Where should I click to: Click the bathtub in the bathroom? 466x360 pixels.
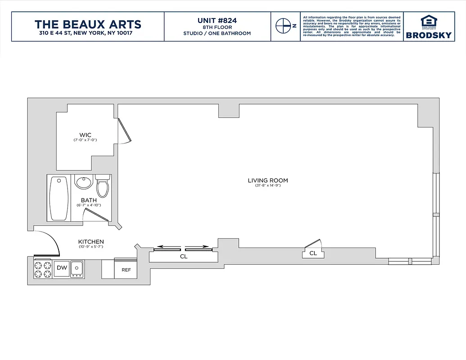point(59,198)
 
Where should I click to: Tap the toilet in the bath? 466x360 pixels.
point(103,186)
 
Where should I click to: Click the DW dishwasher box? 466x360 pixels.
point(62,268)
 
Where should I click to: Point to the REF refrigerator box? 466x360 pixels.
point(126,270)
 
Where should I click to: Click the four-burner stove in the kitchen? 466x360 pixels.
point(43,269)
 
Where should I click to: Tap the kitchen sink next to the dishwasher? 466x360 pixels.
point(77,269)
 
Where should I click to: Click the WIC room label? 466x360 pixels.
point(85,135)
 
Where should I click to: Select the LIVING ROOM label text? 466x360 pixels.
point(267,180)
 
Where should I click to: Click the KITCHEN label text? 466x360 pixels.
point(91,242)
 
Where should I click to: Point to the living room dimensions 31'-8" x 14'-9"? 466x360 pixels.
point(267,186)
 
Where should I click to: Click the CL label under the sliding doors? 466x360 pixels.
point(183,256)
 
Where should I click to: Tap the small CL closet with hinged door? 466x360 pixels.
point(313,253)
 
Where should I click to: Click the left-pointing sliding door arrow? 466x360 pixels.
point(167,247)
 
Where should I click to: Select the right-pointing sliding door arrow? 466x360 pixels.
point(198,247)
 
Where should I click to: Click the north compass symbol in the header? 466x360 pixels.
point(283,26)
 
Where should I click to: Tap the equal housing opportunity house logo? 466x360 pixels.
point(428,22)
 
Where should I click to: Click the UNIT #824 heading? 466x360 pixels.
point(217,20)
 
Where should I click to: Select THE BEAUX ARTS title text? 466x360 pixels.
point(88,24)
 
